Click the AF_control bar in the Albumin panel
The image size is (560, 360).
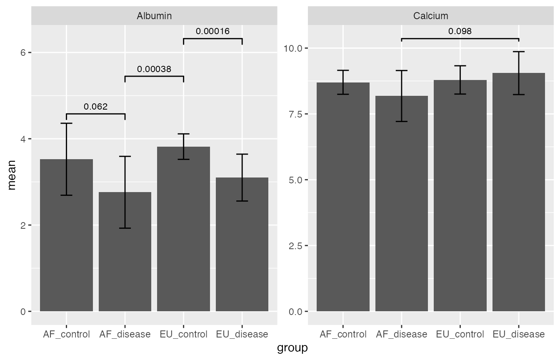(66, 250)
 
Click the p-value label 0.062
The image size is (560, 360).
(95, 107)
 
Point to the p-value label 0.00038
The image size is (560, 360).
(154, 69)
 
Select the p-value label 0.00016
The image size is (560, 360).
(212, 31)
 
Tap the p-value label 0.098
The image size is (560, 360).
(460, 31)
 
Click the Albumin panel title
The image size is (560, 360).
(154, 16)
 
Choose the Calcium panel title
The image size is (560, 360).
(431, 16)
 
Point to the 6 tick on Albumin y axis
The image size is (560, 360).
(23, 52)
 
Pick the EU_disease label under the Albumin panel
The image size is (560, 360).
(242, 334)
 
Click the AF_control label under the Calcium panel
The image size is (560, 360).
(343, 334)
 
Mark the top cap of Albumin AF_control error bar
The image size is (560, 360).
(66, 123)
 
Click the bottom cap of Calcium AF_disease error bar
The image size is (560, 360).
(402, 121)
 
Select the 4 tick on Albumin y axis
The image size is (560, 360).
(23, 139)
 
